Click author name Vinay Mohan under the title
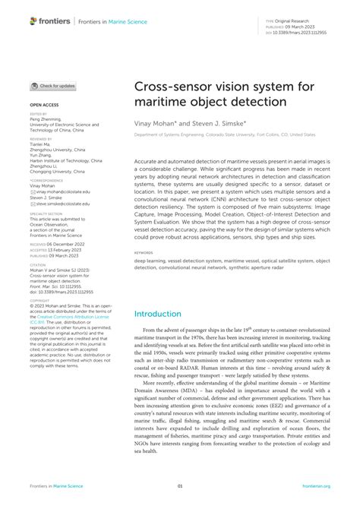154,120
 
